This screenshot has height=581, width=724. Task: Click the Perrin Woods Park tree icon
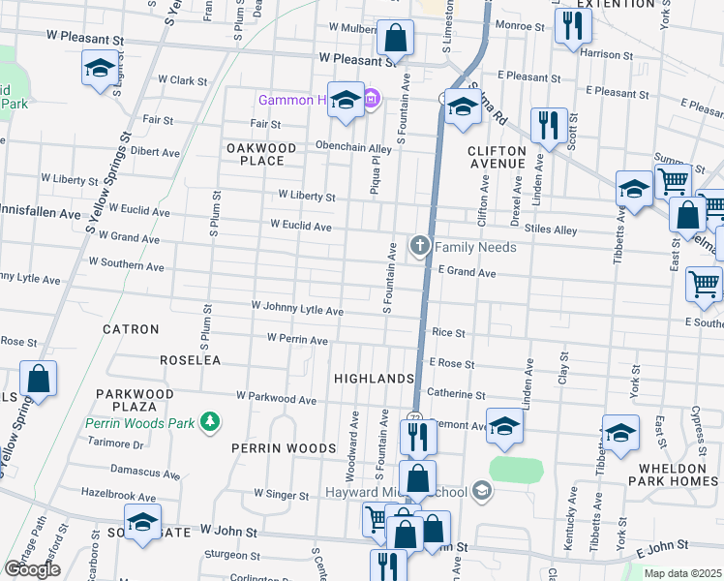(208, 421)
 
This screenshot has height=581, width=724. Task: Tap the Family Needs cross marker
(420, 246)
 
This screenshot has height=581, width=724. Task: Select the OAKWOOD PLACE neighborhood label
(261, 154)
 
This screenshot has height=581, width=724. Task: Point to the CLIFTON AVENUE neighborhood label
(497, 157)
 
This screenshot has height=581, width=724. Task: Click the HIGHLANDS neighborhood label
(374, 378)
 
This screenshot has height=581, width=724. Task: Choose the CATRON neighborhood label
(131, 329)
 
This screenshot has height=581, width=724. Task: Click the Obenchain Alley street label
(353, 148)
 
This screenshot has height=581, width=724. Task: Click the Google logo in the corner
(32, 569)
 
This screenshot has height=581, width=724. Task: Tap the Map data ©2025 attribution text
(682, 573)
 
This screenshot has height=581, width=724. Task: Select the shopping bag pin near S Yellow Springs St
(38, 379)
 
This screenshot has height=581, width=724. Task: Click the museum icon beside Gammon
(372, 99)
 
